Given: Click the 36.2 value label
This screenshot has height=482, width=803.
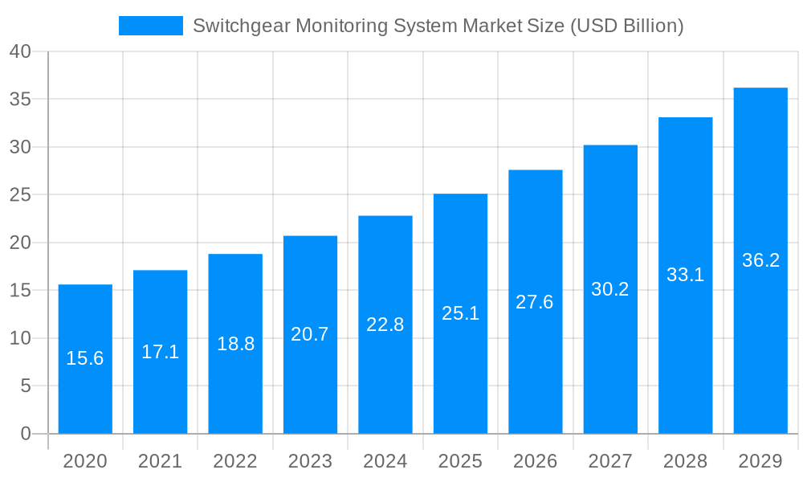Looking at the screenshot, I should (760, 260).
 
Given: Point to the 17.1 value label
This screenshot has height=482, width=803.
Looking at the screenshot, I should (160, 352).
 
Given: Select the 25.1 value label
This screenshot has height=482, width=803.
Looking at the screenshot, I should (460, 313).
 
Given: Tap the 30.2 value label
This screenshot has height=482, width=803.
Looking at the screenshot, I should (610, 289).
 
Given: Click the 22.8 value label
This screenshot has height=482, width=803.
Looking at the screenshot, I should (385, 325).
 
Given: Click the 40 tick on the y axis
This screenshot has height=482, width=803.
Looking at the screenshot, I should (21, 51).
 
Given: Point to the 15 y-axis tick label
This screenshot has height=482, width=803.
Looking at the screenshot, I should (21, 290).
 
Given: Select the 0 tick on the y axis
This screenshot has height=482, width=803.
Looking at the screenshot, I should (26, 434).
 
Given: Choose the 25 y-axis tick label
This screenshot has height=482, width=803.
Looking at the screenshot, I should (21, 194).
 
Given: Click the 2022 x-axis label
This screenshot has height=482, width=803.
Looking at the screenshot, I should (235, 461).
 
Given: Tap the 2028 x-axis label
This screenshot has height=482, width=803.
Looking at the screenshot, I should (686, 461).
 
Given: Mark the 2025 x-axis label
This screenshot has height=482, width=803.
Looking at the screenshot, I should (460, 461).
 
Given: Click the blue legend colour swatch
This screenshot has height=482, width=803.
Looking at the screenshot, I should (150, 26).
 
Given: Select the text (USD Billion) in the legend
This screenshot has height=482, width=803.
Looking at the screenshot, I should (626, 26).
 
